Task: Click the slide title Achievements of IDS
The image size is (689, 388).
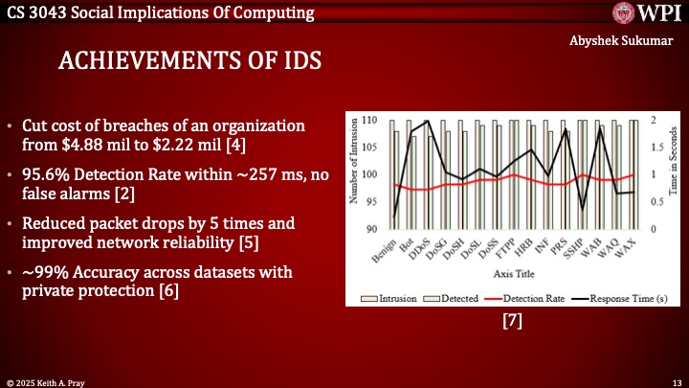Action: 190,61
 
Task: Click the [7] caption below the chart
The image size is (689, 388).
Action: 512,323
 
